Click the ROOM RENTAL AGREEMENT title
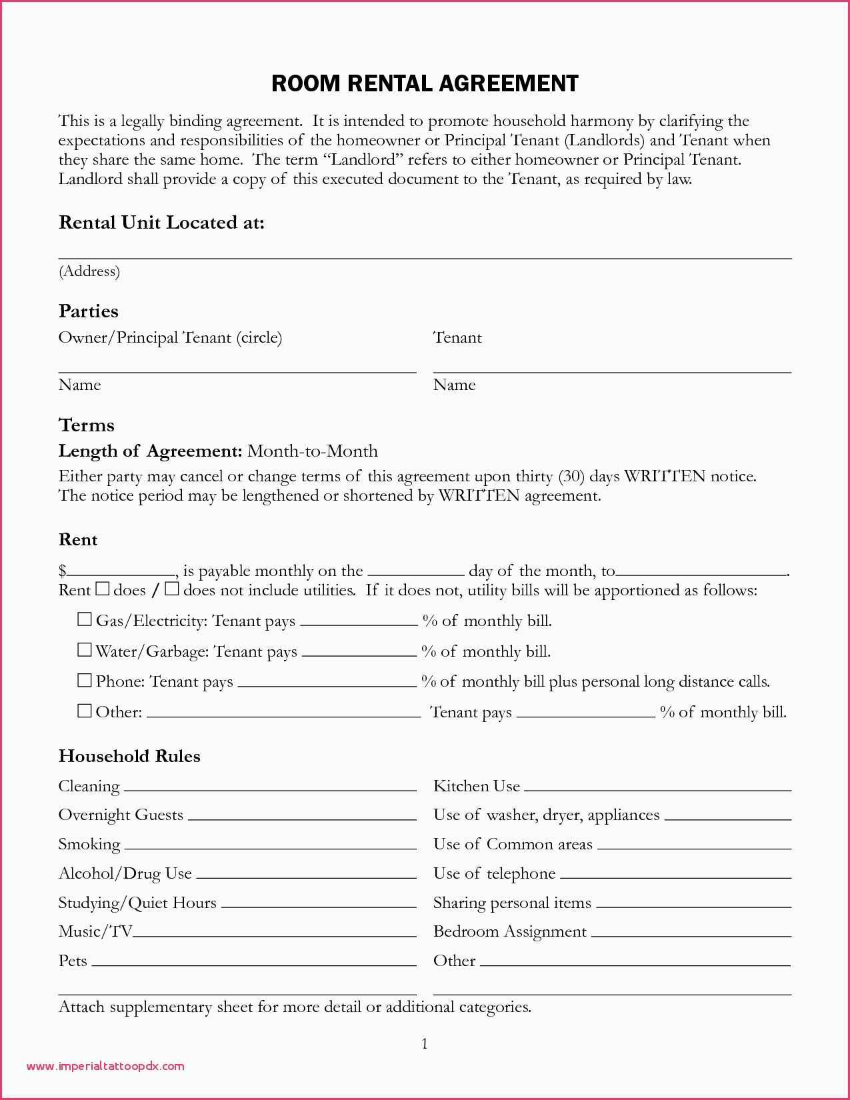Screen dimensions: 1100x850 click(x=425, y=83)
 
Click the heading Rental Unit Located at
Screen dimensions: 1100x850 click(x=161, y=223)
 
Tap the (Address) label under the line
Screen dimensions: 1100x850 click(x=89, y=271)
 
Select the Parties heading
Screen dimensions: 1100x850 click(x=88, y=311)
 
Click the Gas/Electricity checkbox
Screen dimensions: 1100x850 click(x=84, y=619)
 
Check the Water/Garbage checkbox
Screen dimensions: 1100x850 click(x=84, y=649)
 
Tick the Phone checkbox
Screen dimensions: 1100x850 click(x=84, y=680)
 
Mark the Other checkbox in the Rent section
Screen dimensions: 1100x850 click(x=84, y=711)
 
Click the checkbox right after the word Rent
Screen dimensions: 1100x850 click(x=102, y=589)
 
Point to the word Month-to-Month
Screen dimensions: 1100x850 click(x=312, y=451)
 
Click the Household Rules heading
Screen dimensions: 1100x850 click(x=129, y=756)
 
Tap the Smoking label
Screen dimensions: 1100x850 click(x=89, y=845)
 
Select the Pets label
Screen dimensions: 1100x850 click(x=73, y=961)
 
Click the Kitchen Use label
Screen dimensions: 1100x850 click(x=476, y=787)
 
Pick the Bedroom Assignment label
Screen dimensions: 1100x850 click(x=510, y=932)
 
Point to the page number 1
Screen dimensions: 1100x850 click(x=425, y=1044)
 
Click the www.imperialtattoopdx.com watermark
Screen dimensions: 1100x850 click(x=105, y=1066)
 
